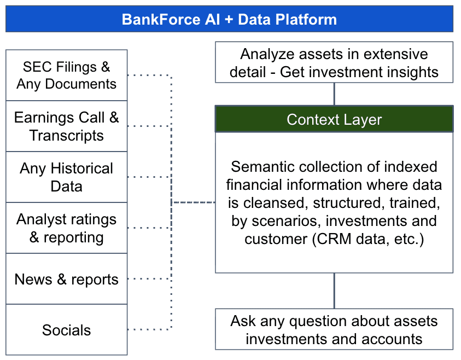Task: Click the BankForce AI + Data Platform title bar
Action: click(229, 19)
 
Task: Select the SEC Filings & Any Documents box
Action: click(66, 76)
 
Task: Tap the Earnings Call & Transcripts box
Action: click(66, 126)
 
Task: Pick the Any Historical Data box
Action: click(66, 177)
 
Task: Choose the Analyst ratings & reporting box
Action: click(66, 228)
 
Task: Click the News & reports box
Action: click(66, 279)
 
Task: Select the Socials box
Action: click(66, 330)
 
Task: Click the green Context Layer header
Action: click(334, 119)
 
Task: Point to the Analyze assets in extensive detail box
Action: click(334, 62)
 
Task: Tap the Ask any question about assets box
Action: click(334, 329)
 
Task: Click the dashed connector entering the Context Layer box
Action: click(194, 202)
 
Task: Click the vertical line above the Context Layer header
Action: click(334, 94)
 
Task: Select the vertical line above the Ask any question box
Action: click(334, 291)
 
